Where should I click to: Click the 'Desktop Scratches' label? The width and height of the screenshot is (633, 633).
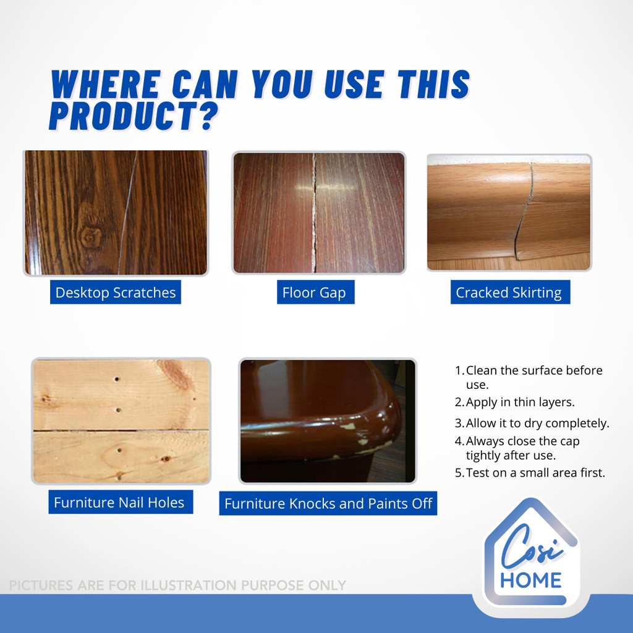pos(116,292)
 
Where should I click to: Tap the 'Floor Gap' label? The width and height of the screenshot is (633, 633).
pos(315,292)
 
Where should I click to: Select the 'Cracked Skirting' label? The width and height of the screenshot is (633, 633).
pos(510,292)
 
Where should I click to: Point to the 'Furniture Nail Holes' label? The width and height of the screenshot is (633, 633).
pos(121,502)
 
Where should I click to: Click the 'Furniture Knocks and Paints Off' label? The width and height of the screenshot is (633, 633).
pos(328,503)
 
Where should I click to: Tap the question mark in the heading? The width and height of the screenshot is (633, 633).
pos(209,116)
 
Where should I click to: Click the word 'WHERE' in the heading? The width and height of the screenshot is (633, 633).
pos(106,84)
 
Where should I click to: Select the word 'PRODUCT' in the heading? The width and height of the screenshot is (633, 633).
pos(123,116)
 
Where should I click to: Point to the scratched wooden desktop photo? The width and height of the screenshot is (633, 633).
pos(116,213)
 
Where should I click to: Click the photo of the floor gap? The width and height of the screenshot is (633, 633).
pos(319,213)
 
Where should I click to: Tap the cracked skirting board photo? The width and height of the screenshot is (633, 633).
pos(509,213)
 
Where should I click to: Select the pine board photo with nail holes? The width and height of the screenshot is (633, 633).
pos(121,421)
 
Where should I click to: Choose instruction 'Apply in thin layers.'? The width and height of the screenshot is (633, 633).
pos(515,402)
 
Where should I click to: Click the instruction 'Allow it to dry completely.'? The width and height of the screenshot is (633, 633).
pos(532,423)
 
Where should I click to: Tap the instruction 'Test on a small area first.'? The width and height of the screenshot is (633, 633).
pos(530,473)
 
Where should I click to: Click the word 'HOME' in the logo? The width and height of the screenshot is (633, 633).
pos(531,580)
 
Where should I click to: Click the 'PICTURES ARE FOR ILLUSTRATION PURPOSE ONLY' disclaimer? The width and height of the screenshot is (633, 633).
pos(177,585)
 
